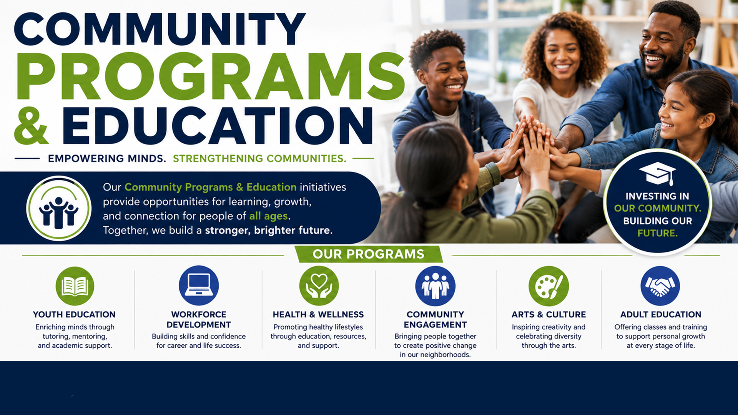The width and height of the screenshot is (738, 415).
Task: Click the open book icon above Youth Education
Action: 75,286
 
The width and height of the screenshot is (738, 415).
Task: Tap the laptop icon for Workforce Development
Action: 199,286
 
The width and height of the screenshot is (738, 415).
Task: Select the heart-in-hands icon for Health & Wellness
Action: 319,286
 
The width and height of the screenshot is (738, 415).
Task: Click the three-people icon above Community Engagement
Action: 435,286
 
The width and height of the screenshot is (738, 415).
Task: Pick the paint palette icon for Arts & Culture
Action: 549,286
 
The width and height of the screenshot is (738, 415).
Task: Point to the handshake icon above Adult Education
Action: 660,286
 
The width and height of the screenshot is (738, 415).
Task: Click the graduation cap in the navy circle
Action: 657,173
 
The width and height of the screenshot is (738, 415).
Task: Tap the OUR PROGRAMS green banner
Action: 369,254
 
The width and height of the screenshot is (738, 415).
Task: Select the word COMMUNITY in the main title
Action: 160,29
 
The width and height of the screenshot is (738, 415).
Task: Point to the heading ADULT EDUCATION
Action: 661,314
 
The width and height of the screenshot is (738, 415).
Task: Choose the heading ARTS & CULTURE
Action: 549,314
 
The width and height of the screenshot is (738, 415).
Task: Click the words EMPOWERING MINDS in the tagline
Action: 107,158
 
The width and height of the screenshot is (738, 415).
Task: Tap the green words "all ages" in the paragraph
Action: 268,216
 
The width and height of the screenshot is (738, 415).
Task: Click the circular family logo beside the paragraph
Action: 59,208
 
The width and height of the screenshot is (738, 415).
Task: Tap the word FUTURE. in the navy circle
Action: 657,233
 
